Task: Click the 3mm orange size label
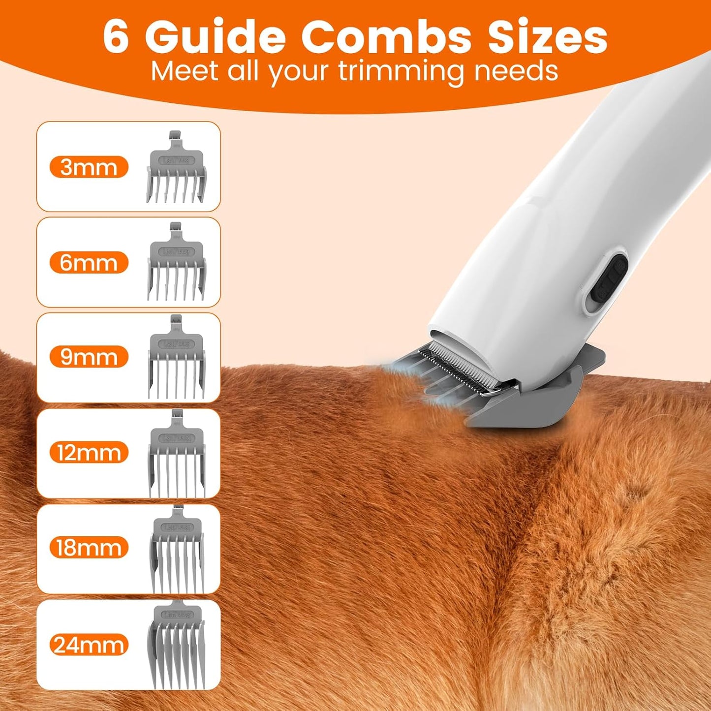[x=89, y=167]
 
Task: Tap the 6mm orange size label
[x=89, y=263]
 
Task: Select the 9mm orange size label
[x=89, y=357]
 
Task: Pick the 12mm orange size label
[x=89, y=453]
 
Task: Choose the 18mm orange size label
[x=89, y=548]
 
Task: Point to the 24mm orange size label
[x=89, y=645]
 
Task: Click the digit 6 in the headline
[x=116, y=37]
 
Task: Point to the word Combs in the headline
[x=386, y=37]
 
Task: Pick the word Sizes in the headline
[x=547, y=37]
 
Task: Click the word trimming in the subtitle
[x=401, y=71]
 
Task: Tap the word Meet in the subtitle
[x=184, y=71]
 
